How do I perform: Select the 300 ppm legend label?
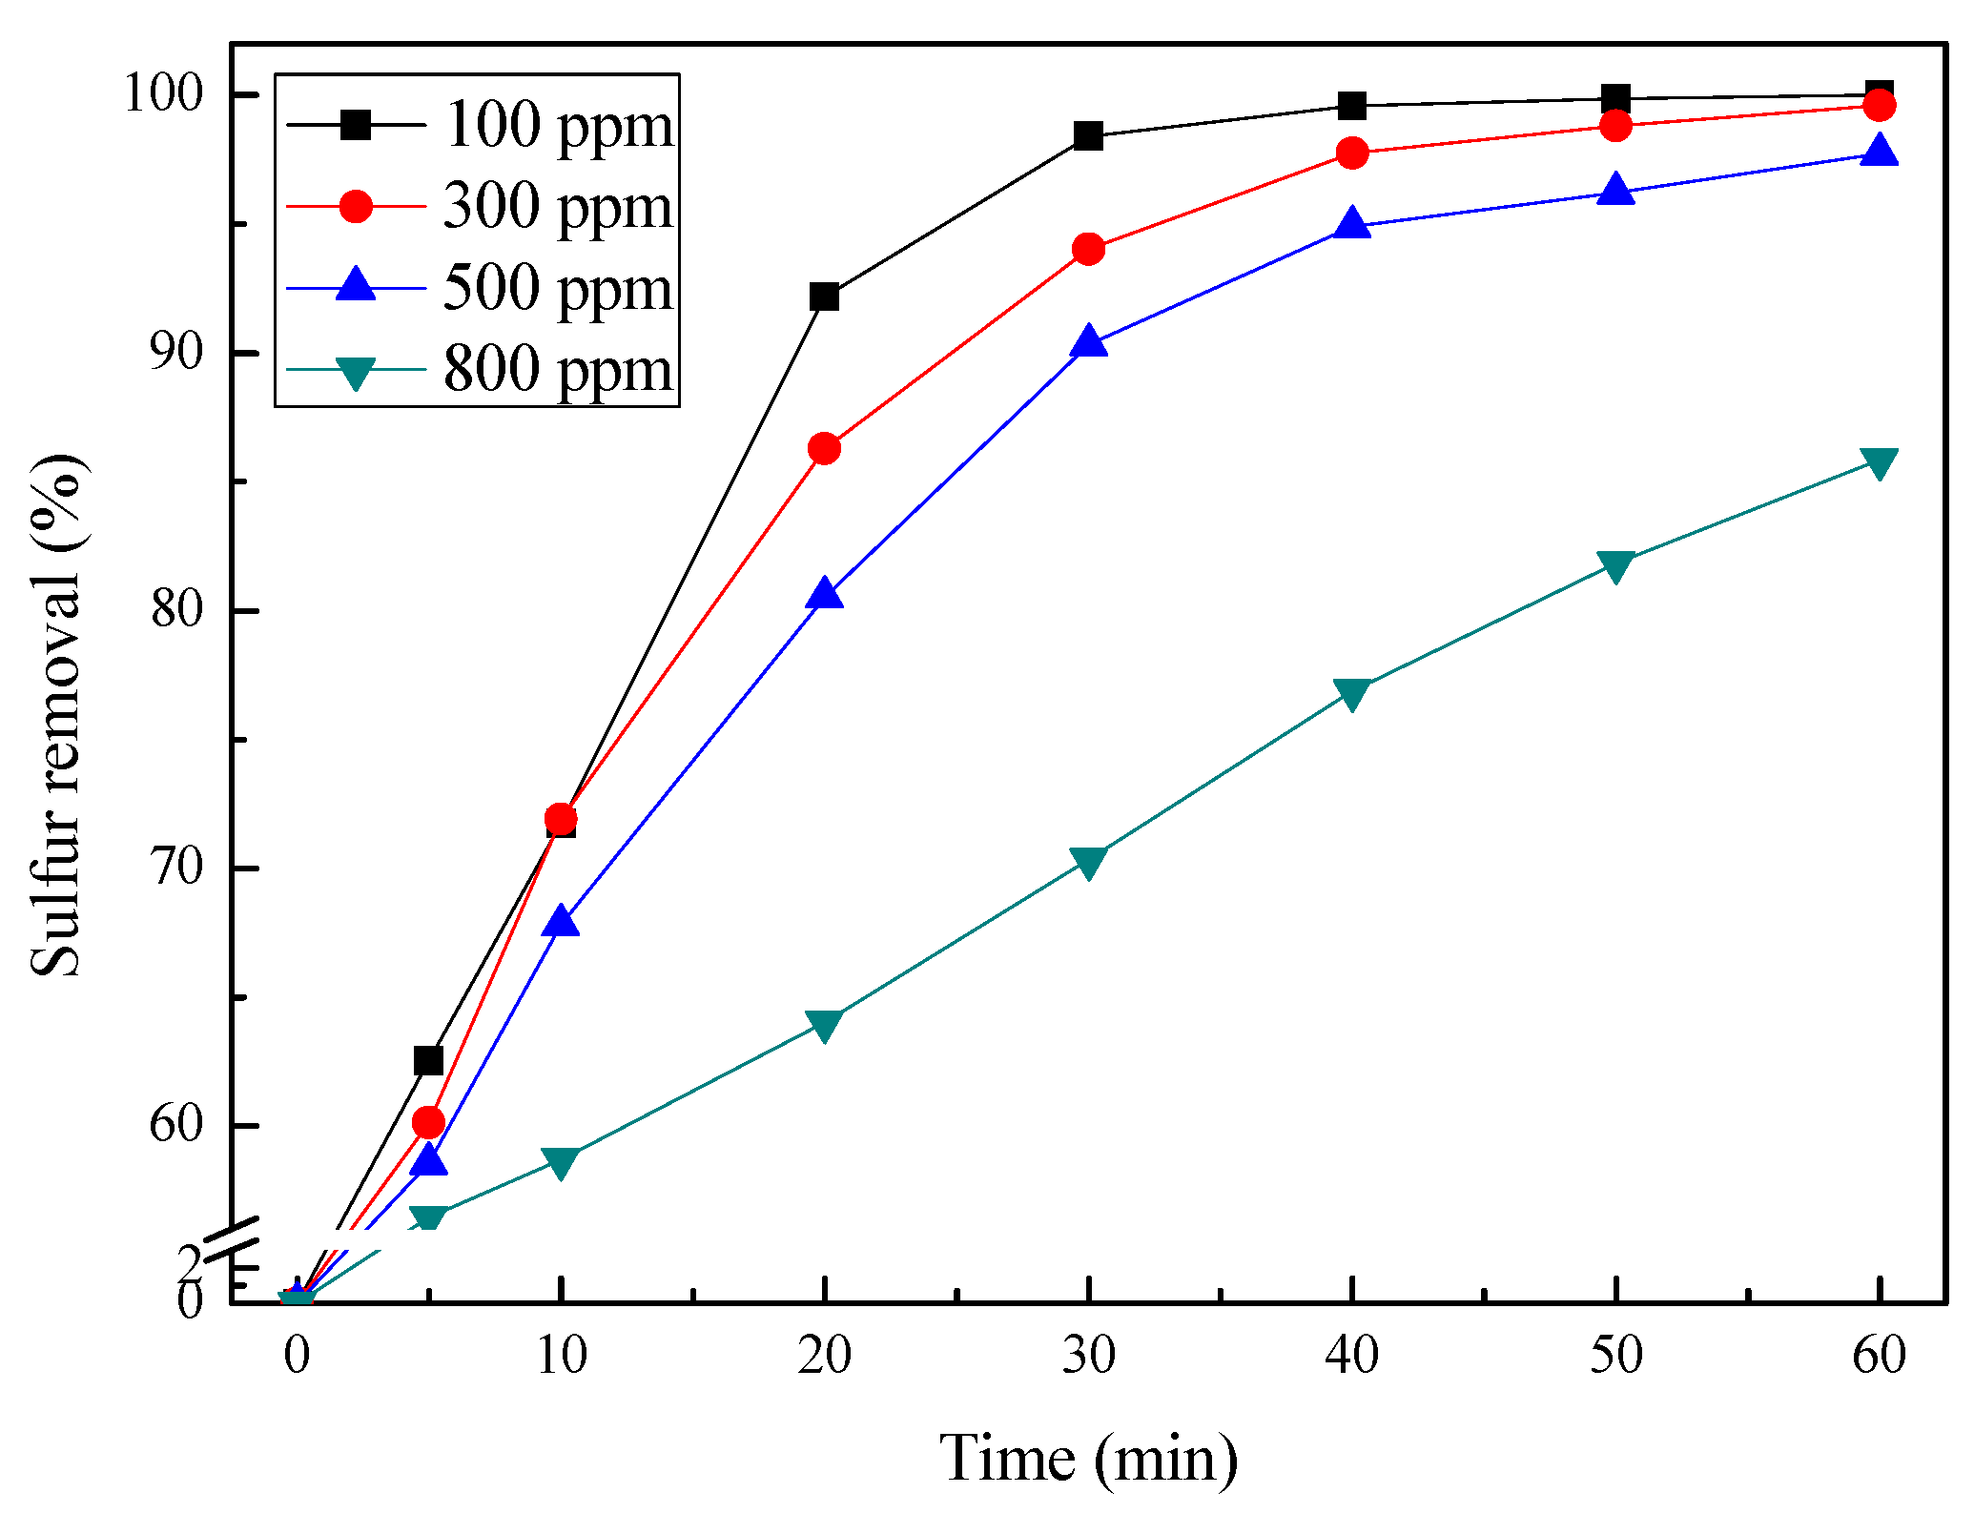tap(558, 206)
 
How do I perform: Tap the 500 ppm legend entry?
tap(558, 287)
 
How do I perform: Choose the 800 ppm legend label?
tap(558, 368)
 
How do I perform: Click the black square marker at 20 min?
tap(824, 296)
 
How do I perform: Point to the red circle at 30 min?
tap(1088, 250)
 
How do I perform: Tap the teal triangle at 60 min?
tap(1879, 463)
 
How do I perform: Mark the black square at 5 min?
tap(428, 1060)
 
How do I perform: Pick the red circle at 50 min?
tap(1615, 125)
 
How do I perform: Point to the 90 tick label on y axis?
tap(177, 353)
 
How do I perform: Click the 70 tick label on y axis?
tap(177, 868)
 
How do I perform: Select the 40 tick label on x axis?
tap(1352, 1355)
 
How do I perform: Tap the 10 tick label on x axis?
tap(561, 1355)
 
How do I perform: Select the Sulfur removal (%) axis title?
tap(57, 715)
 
